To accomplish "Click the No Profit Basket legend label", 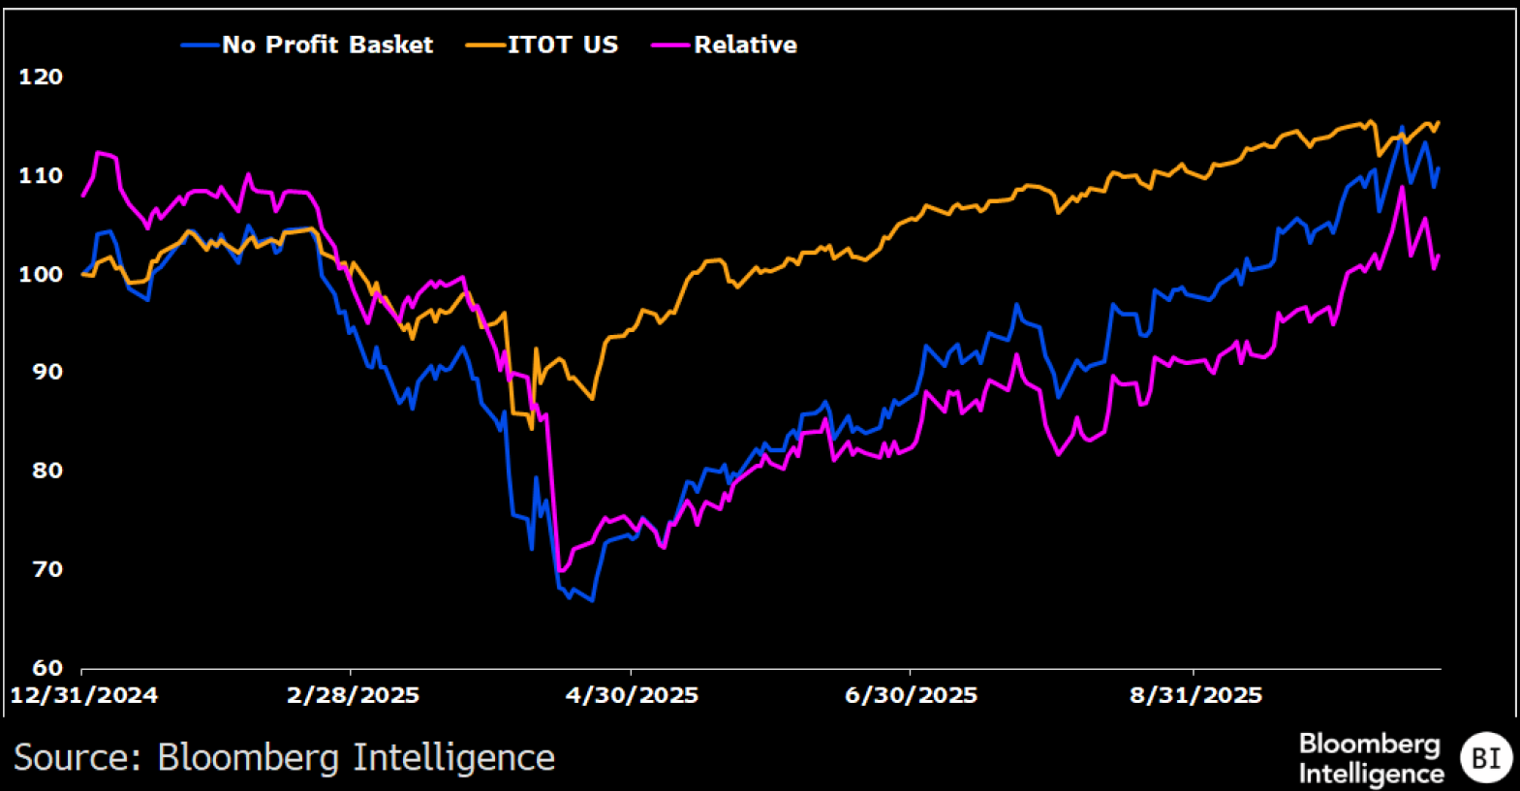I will click(x=327, y=45).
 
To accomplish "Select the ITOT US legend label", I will click(x=562, y=45).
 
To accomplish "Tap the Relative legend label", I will click(x=745, y=45).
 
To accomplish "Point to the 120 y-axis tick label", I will click(x=41, y=76).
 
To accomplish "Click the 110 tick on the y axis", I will click(x=41, y=175).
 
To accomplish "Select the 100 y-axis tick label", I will click(x=41, y=274).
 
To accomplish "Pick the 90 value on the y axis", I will click(x=41, y=372).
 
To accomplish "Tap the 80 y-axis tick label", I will click(x=41, y=471).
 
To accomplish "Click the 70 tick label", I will click(x=41, y=569).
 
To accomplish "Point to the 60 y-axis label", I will click(x=41, y=667).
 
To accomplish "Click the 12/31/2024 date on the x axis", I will click(x=83, y=695).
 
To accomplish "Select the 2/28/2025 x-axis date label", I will click(x=353, y=695).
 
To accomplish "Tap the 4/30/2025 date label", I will click(x=632, y=695).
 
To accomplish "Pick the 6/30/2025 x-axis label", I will click(x=911, y=695).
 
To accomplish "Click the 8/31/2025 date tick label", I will click(x=1195, y=695).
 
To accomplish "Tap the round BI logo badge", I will click(x=1485, y=757).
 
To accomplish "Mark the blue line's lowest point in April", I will click(x=592, y=601).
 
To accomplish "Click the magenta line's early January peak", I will click(x=98, y=153).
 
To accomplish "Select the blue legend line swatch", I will click(x=201, y=45).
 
